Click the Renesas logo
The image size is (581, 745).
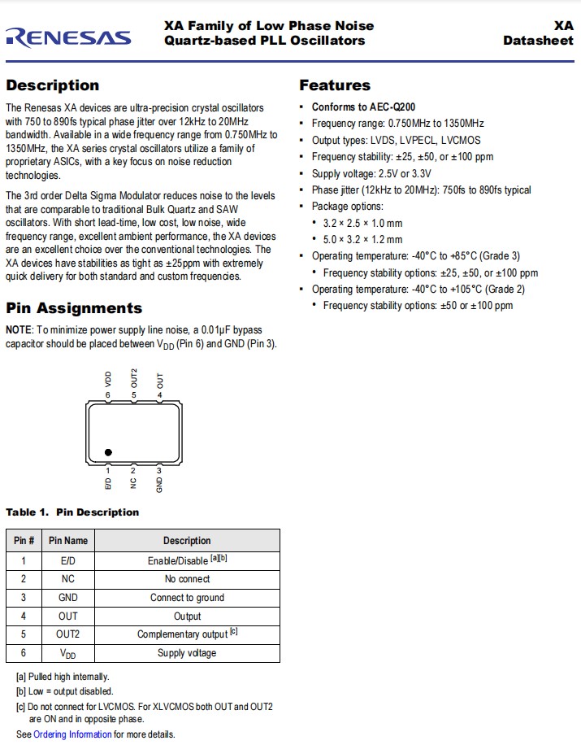click(x=68, y=36)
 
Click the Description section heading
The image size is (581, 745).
click(x=52, y=85)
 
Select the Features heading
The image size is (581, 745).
click(x=334, y=85)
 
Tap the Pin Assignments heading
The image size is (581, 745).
click(x=74, y=308)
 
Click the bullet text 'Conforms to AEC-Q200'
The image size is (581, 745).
click(x=364, y=107)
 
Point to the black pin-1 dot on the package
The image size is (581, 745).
click(x=109, y=453)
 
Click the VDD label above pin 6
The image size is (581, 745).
click(x=108, y=378)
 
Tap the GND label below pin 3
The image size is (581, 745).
click(x=159, y=483)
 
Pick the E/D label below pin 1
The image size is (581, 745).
click(x=108, y=483)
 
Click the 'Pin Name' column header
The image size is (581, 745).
click(x=68, y=541)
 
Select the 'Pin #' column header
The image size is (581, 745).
click(x=24, y=541)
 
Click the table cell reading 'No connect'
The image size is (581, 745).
click(x=187, y=579)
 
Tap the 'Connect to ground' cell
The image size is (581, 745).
click(x=187, y=598)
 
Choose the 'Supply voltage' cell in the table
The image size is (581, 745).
click(x=187, y=653)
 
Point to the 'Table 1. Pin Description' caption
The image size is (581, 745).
click(x=72, y=512)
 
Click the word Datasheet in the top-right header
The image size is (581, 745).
click(x=538, y=41)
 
